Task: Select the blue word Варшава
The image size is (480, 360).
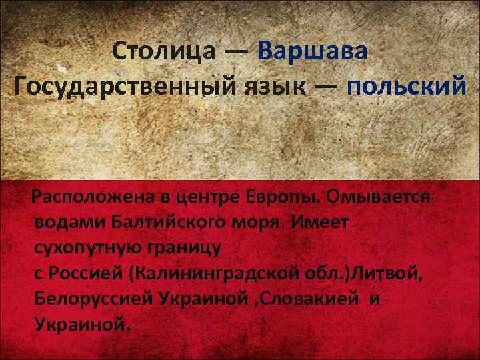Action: (312, 50)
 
